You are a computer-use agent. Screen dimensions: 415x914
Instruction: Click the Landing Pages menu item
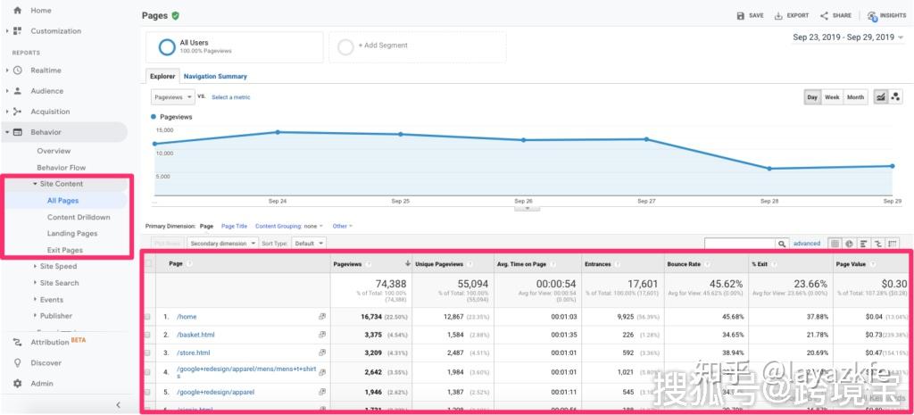click(72, 233)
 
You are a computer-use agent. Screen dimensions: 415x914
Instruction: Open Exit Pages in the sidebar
click(65, 250)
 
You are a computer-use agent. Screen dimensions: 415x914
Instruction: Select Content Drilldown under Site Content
click(79, 217)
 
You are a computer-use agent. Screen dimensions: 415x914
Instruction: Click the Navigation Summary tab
click(215, 77)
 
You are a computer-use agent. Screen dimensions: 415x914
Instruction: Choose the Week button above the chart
click(832, 97)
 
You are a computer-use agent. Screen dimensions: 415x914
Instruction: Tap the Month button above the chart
click(855, 97)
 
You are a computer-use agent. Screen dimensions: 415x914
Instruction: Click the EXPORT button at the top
click(792, 16)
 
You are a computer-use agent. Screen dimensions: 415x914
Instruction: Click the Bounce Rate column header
click(684, 264)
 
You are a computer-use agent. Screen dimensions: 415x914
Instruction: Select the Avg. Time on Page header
click(521, 264)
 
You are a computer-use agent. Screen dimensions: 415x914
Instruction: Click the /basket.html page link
click(195, 335)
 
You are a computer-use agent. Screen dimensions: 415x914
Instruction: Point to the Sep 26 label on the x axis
click(523, 201)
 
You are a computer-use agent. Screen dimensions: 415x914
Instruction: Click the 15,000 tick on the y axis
click(163, 130)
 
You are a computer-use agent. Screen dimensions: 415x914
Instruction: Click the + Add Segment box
click(384, 46)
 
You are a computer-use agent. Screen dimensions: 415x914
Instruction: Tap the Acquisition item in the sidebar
click(50, 112)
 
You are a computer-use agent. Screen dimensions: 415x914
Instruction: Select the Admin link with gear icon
click(42, 384)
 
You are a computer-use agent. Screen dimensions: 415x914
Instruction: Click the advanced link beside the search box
click(806, 243)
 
